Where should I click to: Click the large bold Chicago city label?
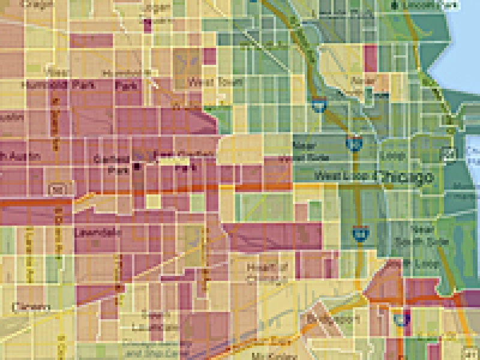click(403, 178)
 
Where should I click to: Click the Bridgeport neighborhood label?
click(332, 318)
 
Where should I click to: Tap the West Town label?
click(206, 82)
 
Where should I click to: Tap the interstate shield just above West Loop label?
click(354, 143)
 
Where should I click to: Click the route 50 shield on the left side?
click(56, 190)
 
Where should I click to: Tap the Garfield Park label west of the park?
click(111, 163)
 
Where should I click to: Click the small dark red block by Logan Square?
click(148, 24)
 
